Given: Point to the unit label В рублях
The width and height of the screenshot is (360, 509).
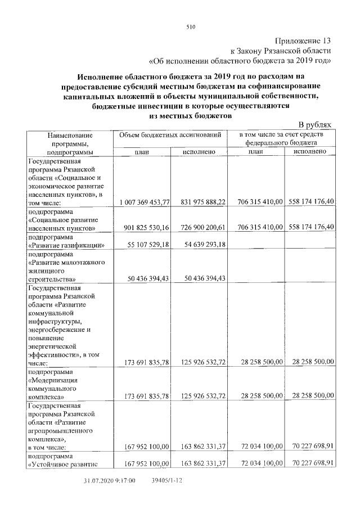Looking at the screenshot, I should pos(316,125).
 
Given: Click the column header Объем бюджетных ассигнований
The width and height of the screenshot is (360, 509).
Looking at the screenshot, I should pos(170,136).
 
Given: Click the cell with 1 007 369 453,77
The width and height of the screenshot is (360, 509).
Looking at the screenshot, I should pos(145,202).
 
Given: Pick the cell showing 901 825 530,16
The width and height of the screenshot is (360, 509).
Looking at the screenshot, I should pos(145,228).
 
